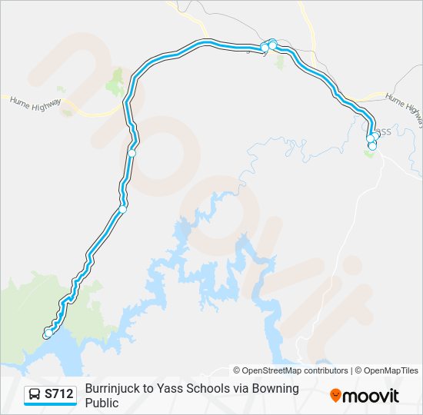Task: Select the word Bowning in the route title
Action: [x=275, y=388]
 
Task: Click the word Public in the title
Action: [x=102, y=402]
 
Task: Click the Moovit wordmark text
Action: [x=370, y=396]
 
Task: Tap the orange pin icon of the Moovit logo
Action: [x=335, y=395]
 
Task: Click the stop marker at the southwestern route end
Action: [x=48, y=334]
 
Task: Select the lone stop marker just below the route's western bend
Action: [x=132, y=153]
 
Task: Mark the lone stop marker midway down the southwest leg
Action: [x=122, y=208]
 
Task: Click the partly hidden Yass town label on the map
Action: [x=383, y=131]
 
